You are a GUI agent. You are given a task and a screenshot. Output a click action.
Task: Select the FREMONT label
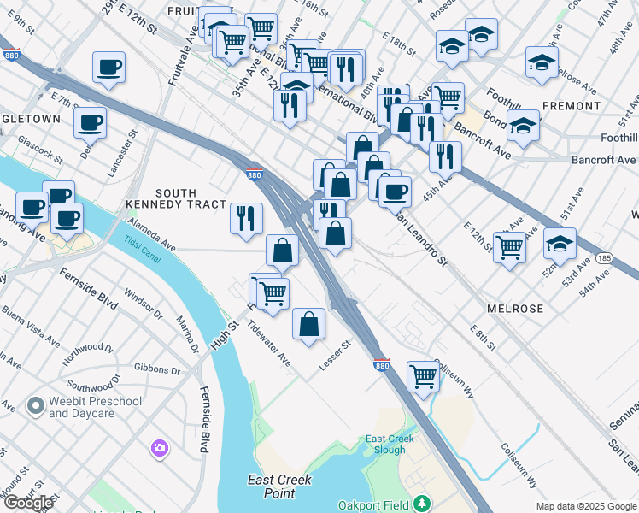click(571, 106)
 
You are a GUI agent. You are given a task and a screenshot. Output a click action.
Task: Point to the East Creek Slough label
click(390, 444)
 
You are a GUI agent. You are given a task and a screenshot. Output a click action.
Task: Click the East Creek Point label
click(278, 486)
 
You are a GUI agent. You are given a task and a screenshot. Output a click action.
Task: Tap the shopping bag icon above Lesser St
click(309, 324)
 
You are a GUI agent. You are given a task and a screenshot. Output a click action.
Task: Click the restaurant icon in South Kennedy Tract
click(246, 217)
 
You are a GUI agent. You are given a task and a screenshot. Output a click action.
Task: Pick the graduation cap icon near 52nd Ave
click(560, 243)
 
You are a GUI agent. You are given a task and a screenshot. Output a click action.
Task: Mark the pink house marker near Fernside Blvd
click(159, 447)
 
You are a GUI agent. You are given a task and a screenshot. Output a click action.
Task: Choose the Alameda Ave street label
click(151, 235)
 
